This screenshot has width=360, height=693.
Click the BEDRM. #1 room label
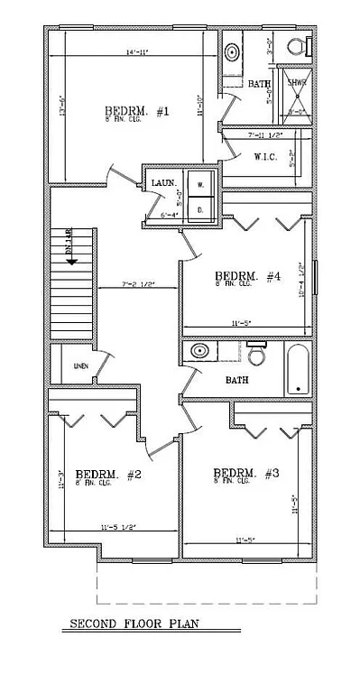click(137, 112)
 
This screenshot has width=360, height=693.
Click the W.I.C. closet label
click(265, 157)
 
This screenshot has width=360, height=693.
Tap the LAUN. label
click(163, 183)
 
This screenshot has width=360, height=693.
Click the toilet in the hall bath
click(256, 356)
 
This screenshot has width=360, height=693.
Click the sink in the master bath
click(230, 50)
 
